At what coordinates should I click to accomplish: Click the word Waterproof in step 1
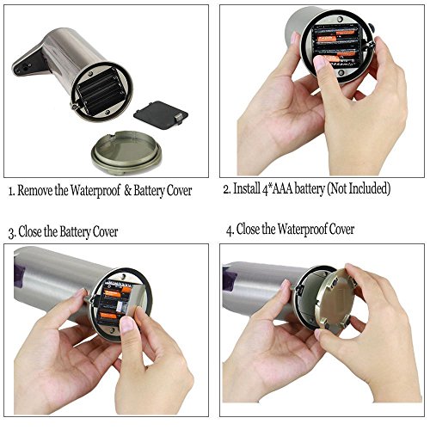pyautogui.click(x=95, y=191)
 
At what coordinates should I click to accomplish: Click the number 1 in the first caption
pyautogui.click(x=10, y=191)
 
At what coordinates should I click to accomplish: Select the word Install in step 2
pyautogui.click(x=247, y=188)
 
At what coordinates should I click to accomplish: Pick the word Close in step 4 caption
pyautogui.click(x=248, y=230)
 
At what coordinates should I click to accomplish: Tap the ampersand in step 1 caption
pyautogui.click(x=128, y=191)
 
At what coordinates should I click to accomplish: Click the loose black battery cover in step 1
pyautogui.click(x=161, y=115)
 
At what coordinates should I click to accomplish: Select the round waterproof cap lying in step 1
pyautogui.click(x=126, y=152)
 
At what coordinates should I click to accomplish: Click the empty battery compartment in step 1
pyautogui.click(x=101, y=91)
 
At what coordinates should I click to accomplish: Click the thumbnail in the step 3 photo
pyautogui.click(x=127, y=325)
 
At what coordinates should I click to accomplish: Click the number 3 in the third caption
pyautogui.click(x=11, y=233)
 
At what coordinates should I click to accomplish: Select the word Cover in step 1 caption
pyautogui.click(x=179, y=191)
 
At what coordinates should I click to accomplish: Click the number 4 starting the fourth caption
pyautogui.click(x=229, y=230)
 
